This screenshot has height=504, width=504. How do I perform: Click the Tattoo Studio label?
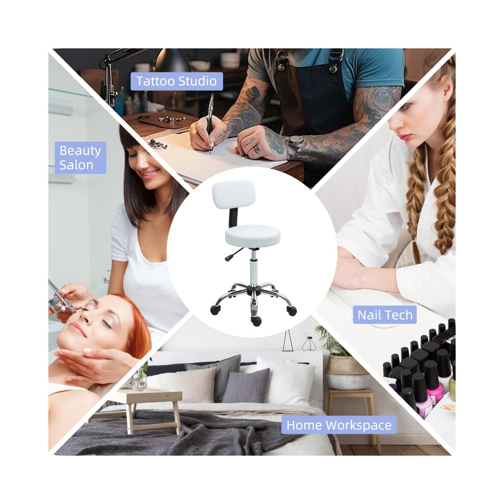point(177,81)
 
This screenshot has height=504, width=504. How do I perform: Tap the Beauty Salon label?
point(80,158)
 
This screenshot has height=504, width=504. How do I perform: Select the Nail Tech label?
point(385,315)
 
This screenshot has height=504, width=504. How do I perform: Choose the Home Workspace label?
point(339,425)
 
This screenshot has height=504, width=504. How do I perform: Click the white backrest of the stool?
point(233,194)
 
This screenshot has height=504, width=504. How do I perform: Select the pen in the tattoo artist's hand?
point(211,122)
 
